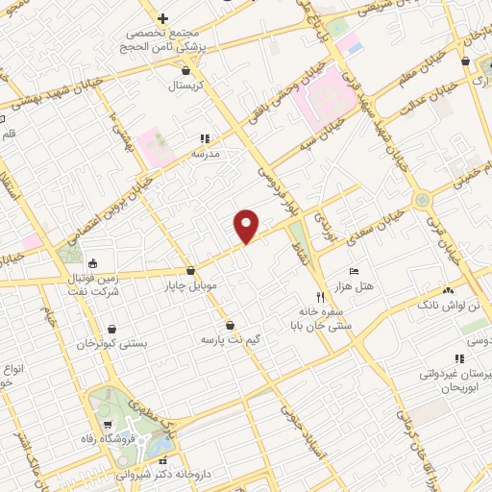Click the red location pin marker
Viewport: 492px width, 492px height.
[x=247, y=225]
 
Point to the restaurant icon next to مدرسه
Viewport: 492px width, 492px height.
[x=204, y=138]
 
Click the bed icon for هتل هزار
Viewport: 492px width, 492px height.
[x=353, y=272]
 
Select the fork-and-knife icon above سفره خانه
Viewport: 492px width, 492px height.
[x=320, y=297]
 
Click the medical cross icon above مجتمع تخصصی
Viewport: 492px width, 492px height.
[x=163, y=18]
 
